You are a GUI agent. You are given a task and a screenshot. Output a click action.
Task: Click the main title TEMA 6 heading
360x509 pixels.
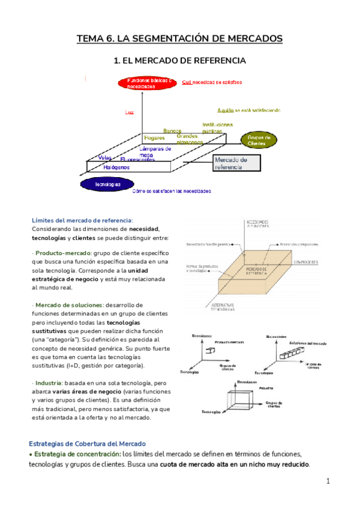click(x=179, y=39)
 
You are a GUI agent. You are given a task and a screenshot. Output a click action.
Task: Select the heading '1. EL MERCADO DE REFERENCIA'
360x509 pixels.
click(x=179, y=61)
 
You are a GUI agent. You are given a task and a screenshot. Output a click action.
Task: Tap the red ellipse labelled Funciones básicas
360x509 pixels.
click(x=148, y=83)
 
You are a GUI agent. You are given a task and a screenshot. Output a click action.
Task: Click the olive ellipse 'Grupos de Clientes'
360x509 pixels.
click(x=259, y=140)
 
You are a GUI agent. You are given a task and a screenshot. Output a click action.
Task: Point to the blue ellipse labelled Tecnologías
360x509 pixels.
click(x=107, y=184)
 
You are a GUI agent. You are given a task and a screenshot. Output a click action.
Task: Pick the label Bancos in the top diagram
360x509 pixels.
click(x=172, y=131)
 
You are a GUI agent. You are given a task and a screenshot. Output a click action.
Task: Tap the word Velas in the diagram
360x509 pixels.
click(x=106, y=158)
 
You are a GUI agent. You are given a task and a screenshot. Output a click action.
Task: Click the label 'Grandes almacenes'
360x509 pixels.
click(x=189, y=139)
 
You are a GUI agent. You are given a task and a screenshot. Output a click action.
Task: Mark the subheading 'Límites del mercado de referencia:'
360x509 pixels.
click(x=82, y=220)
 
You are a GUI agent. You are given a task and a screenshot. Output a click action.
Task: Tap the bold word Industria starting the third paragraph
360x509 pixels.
click(x=47, y=382)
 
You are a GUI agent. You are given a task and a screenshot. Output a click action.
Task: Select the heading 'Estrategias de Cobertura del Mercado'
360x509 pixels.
click(x=89, y=444)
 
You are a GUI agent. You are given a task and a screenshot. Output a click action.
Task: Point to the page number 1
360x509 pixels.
click(x=329, y=481)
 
